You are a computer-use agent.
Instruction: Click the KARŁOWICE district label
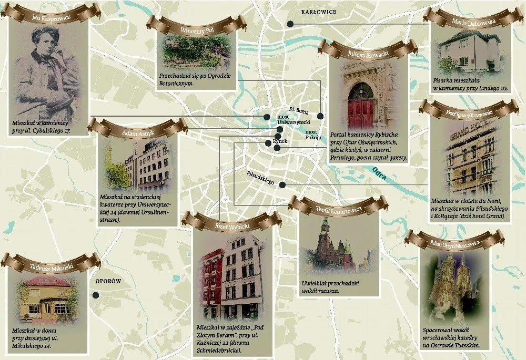coord(318,12)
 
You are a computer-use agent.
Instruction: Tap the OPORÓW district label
coord(108,282)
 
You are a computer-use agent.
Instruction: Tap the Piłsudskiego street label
coord(261,178)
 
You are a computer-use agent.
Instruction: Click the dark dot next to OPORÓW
coord(96,295)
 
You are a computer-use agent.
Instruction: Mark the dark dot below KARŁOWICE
coord(289,24)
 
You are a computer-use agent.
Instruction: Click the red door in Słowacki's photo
coord(360,108)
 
